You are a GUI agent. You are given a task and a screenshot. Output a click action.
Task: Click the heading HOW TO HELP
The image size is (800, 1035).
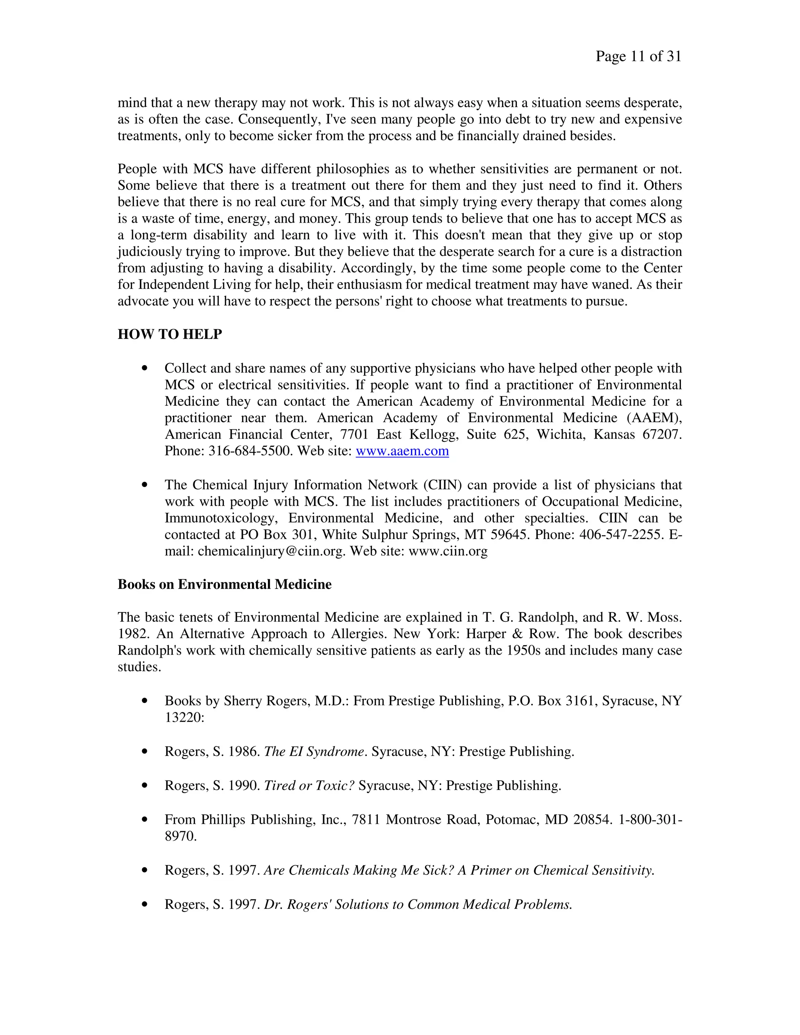click(170, 334)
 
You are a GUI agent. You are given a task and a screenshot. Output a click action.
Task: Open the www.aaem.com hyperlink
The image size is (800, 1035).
click(402, 451)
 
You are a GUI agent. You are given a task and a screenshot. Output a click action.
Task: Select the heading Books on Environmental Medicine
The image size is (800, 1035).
click(224, 584)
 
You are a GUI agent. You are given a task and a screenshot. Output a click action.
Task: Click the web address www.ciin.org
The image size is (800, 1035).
click(448, 551)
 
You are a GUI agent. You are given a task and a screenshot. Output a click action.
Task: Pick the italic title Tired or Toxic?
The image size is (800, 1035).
click(309, 785)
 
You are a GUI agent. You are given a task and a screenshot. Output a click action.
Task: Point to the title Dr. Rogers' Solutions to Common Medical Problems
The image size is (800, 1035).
click(418, 904)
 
